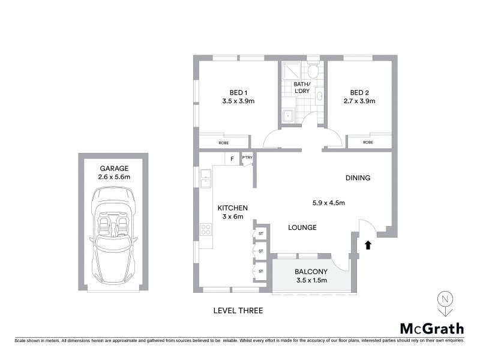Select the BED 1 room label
pos(238,92)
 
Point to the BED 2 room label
pos(359,92)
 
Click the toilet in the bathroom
pos(313,71)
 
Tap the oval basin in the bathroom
pos(319,96)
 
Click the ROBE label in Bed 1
pos(223,143)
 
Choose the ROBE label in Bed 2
pos(368,143)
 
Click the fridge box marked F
pos(231,159)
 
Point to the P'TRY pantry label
pos(247,158)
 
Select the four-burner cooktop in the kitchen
pos(206,229)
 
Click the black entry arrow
pos(368,244)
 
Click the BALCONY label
pos(310,271)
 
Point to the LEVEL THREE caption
pos(238,311)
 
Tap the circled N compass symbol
pos(444,299)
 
